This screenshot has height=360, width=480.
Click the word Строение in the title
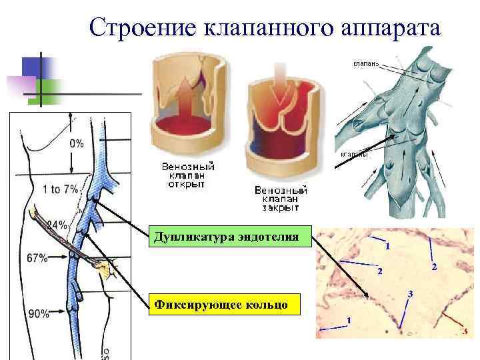[x=137, y=28]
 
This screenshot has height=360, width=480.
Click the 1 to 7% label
[x=59, y=189]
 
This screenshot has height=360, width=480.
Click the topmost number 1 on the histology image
[x=387, y=247]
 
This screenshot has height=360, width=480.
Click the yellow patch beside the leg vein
[x=101, y=269]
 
